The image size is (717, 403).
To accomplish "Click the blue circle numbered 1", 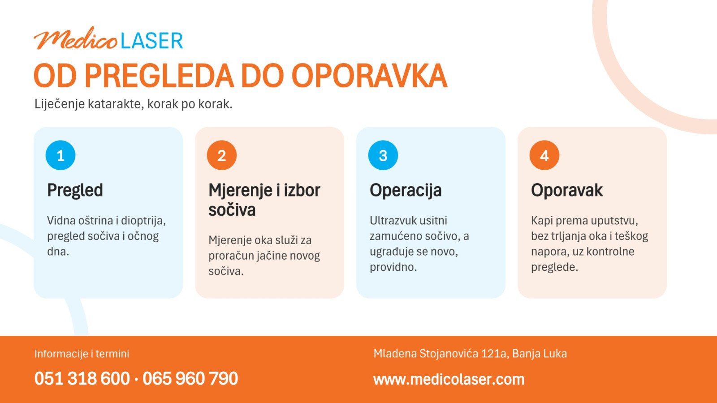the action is tap(60, 155).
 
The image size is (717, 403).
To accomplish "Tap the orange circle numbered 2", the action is tap(222, 155).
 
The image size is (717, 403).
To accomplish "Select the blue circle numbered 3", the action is tap(383, 155).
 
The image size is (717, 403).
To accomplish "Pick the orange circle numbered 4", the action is tap(544, 155).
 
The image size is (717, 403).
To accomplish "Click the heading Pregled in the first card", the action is tap(75, 191).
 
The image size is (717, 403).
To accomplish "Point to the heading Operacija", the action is tap(406, 191).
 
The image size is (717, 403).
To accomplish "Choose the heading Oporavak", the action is tap(567, 190).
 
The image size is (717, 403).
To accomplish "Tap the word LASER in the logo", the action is tap(152, 41).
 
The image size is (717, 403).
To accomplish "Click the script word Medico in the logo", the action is tap(76, 39).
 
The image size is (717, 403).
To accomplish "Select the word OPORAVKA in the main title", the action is tap(369, 76).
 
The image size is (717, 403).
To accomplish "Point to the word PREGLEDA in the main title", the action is tap(159, 76).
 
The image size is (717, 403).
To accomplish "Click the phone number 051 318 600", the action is tap(82, 379).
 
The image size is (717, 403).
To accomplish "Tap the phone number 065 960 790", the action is tap(190, 379).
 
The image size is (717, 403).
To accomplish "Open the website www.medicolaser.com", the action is tap(449, 379).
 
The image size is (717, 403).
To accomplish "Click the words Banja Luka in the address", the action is tap(540, 354).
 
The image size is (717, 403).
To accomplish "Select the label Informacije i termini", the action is tap(82, 354).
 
